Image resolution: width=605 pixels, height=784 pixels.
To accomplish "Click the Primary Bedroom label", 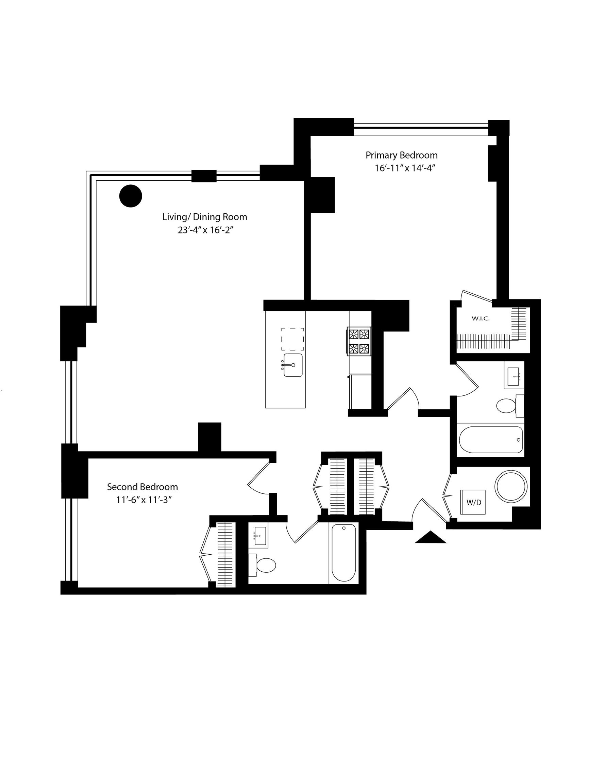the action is pyautogui.click(x=402, y=156).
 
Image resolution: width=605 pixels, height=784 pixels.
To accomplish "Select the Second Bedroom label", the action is pyautogui.click(x=142, y=487).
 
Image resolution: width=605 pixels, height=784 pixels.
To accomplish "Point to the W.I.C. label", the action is pyautogui.click(x=481, y=318).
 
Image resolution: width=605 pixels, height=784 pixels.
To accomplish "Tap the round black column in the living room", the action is pyautogui.click(x=131, y=196).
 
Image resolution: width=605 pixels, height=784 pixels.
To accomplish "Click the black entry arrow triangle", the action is pyautogui.click(x=431, y=537).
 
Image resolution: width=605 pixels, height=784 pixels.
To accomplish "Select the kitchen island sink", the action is pyautogui.click(x=293, y=365).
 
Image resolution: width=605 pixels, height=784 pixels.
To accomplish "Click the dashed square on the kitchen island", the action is pyautogui.click(x=292, y=339).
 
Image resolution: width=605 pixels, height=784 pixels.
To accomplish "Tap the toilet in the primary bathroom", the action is pyautogui.click(x=510, y=406).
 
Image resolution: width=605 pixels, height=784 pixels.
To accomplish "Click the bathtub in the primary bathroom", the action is pyautogui.click(x=491, y=440).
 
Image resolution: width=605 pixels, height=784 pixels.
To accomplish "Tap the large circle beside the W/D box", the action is pyautogui.click(x=511, y=486).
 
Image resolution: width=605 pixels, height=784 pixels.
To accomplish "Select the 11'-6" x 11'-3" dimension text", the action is pyautogui.click(x=142, y=500).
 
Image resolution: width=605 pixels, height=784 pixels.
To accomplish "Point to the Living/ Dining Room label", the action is pyautogui.click(x=204, y=217).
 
